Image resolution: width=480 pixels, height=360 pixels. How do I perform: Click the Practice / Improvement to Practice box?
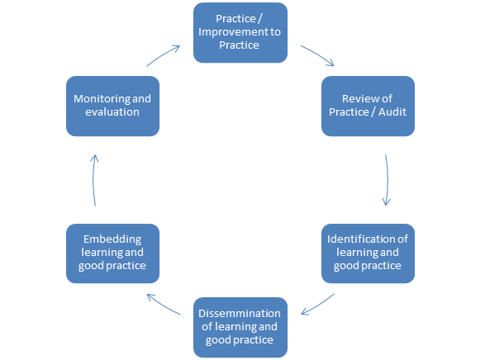tap(240, 33)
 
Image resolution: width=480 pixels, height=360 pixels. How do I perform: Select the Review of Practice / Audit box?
tap(368, 107)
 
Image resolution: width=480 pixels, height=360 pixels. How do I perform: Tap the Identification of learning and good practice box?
tap(368, 253)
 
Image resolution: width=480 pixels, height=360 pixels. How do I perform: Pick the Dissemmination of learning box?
tap(240, 327)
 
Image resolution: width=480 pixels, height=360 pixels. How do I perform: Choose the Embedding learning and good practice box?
tap(112, 253)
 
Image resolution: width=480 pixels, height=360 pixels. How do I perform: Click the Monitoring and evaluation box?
tap(112, 107)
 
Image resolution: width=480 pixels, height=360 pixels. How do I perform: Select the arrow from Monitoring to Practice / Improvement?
tap(162, 54)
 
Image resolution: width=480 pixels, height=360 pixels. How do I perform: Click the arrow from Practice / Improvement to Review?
tap(318, 54)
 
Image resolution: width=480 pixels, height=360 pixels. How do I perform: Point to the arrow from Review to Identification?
tap(387, 180)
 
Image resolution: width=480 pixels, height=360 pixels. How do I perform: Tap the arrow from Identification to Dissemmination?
tap(318, 306)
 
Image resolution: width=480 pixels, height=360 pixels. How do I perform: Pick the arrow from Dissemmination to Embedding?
tap(163, 305)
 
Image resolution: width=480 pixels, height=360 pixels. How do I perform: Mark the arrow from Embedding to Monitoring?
tap(93, 180)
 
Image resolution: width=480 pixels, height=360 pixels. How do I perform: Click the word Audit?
tap(392, 112)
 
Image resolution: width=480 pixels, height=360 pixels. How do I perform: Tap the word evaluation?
tap(112, 112)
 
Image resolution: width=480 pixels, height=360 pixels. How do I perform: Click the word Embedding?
tap(112, 239)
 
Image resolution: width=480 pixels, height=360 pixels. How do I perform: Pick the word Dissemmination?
tap(240, 313)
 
